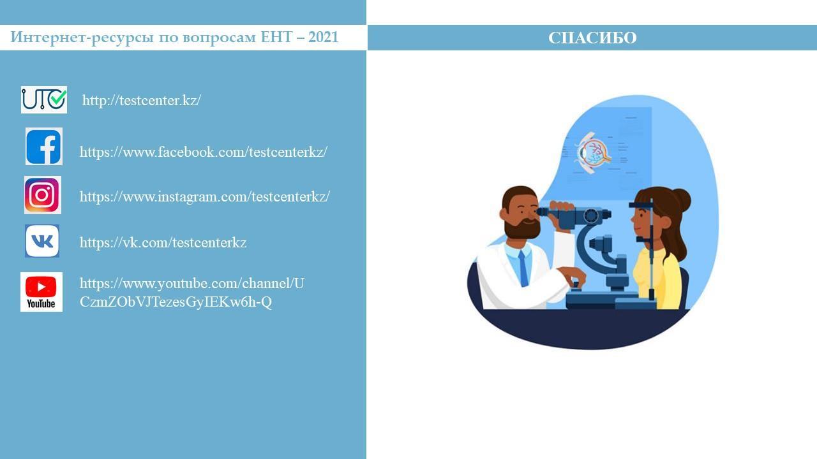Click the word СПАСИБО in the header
(592, 38)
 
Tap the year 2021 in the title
(323, 37)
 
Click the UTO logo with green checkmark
(44, 100)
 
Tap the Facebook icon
(44, 147)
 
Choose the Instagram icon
(43, 195)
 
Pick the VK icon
(42, 241)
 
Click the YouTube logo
(41, 292)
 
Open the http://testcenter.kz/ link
(142, 100)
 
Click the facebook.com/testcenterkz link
(204, 152)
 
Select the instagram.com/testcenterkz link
(205, 197)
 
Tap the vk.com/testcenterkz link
(163, 242)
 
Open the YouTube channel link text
(192, 293)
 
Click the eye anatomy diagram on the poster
(594, 152)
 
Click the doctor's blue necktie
(523, 268)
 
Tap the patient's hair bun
(680, 200)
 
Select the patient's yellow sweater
(657, 279)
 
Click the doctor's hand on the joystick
(574, 277)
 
